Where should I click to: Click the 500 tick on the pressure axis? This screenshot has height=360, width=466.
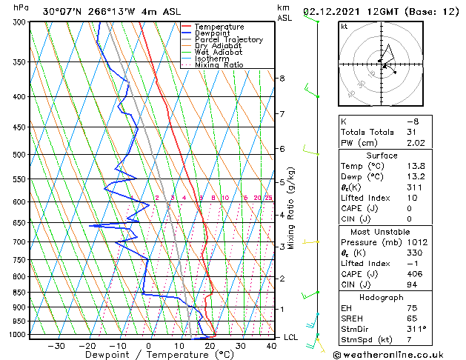pos(21,155)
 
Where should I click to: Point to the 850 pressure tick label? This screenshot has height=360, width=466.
pos(21,293)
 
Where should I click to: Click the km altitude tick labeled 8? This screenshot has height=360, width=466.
pos(282,79)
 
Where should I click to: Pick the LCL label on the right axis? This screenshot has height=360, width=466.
pos(291,337)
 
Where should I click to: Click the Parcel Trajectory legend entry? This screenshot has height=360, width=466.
pos(228,40)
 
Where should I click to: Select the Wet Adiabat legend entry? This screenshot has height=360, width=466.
pos(219,53)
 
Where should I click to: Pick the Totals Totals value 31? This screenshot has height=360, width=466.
pos(412,132)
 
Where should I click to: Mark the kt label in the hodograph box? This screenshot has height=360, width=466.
pos(344,27)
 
